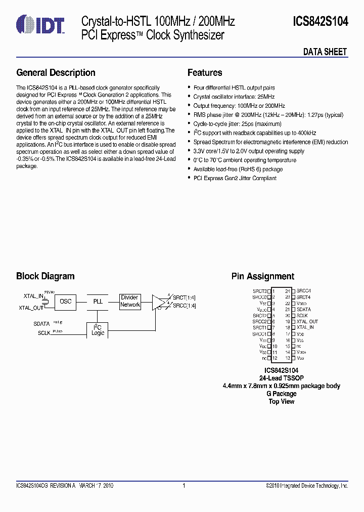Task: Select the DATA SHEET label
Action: [325, 52]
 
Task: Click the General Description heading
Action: [56, 73]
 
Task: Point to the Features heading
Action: [205, 73]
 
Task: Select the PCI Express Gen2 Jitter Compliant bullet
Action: [235, 179]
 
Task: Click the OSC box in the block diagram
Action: [66, 302]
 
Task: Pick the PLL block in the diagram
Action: [98, 302]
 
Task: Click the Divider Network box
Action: [130, 302]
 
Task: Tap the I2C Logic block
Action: [98, 330]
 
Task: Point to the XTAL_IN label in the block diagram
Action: [33, 296]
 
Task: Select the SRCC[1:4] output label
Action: [184, 306]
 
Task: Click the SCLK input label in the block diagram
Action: [44, 333]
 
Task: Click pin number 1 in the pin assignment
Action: [274, 291]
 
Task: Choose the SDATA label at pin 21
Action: [304, 310]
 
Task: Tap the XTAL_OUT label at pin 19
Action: [307, 322]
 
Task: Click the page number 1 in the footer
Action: [184, 486]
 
